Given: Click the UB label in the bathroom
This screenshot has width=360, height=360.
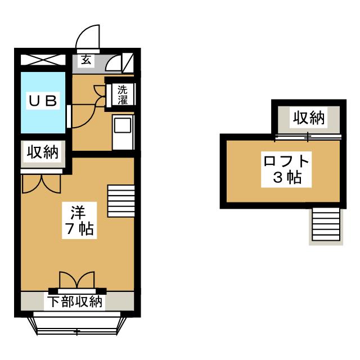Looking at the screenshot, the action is point(43,101).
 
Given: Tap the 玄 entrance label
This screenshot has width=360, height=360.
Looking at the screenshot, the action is point(86,61).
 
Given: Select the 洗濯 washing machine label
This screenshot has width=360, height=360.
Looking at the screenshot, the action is point(123,95).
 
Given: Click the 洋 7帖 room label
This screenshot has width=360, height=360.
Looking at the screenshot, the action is point(79,220).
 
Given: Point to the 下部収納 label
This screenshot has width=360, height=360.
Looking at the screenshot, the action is point(75,302).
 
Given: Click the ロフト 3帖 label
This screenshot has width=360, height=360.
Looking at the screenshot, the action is point(286,169).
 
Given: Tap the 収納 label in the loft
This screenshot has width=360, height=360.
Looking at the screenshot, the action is point(309,118).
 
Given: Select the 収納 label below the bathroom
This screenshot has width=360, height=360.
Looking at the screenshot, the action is point(43,152).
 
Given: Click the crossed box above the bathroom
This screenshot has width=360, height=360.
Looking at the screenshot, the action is point(43,60).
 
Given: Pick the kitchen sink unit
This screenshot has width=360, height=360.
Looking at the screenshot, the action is point(123,133).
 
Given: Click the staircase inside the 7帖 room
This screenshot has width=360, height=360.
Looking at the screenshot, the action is point(121,201).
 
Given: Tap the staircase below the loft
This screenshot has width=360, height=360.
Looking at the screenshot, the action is point(326,226).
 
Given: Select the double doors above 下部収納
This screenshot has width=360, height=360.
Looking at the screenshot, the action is point(77,280).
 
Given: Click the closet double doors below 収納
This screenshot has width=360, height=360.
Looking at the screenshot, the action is point(42,184).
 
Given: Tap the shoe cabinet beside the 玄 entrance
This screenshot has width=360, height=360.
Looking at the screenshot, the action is point(128,62).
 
